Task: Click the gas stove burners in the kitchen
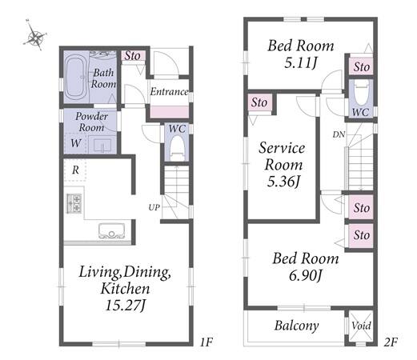[74, 203]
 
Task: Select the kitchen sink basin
[112, 231]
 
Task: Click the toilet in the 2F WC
[361, 91]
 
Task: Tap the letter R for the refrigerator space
[75, 170]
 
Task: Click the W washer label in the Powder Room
[76, 143]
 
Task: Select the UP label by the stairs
[154, 207]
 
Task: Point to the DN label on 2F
[339, 134]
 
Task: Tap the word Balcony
[297, 326]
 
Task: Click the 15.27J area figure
[126, 306]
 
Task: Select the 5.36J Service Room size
[283, 182]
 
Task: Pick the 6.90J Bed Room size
[306, 275]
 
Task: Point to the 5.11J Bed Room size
[301, 63]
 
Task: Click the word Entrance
[169, 92]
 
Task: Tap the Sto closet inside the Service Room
[259, 102]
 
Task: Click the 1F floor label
[206, 342]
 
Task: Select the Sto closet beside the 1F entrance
[133, 56]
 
